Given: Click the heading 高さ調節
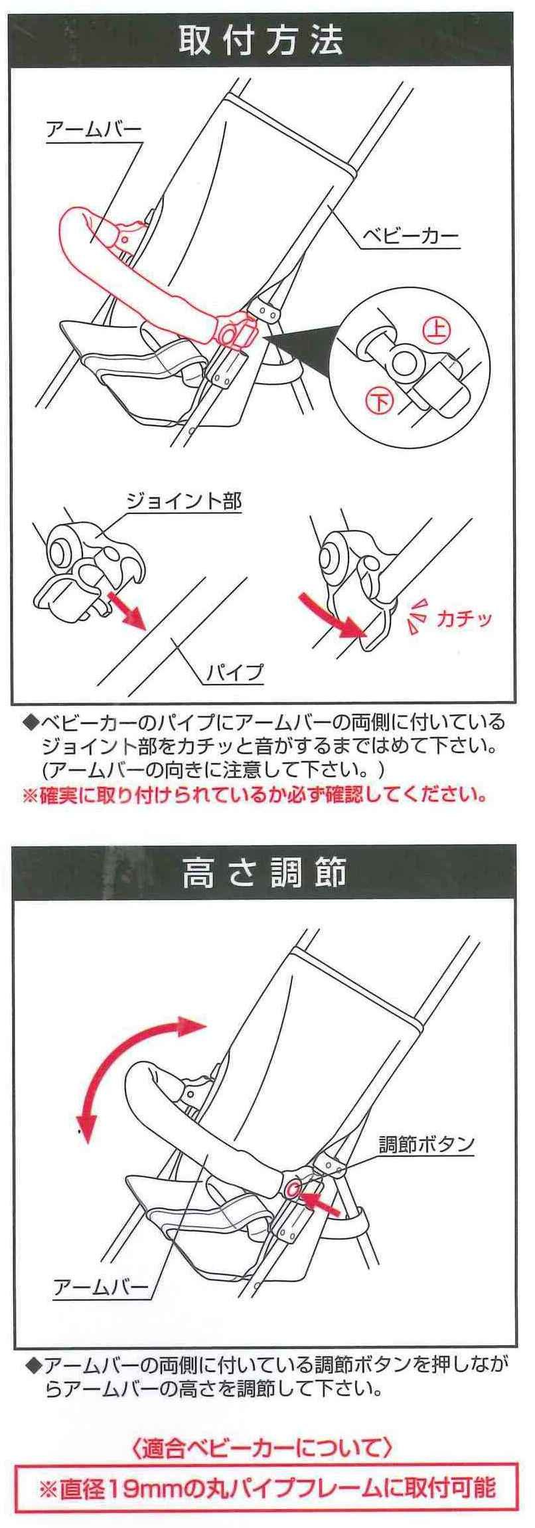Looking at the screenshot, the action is pyautogui.click(x=264, y=874).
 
